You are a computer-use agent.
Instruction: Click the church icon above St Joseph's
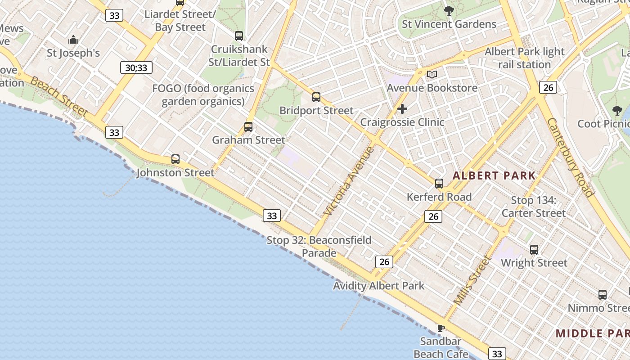[x=73, y=40]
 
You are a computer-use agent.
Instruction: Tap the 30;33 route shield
[x=136, y=68]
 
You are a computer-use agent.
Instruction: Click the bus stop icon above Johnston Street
[x=175, y=159]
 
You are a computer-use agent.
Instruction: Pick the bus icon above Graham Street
[x=248, y=127]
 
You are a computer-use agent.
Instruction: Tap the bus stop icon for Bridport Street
[x=316, y=97]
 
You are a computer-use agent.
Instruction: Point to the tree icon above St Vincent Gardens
[x=449, y=11]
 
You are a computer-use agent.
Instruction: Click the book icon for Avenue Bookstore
[x=432, y=74]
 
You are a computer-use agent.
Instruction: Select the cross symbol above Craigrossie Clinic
[x=402, y=109]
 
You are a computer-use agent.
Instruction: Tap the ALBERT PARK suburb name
[x=494, y=176]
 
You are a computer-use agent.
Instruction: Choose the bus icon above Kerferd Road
[x=439, y=184]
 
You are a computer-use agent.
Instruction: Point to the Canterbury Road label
[x=570, y=157]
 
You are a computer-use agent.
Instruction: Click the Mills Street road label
[x=472, y=280]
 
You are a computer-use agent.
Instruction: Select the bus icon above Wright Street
[x=534, y=250]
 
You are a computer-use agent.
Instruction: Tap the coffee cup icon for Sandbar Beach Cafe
[x=441, y=328]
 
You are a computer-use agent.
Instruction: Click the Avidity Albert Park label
[x=378, y=286]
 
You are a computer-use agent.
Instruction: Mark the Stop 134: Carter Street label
[x=533, y=207]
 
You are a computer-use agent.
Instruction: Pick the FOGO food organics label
[x=203, y=94]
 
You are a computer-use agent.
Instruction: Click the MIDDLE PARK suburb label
[x=592, y=333]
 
